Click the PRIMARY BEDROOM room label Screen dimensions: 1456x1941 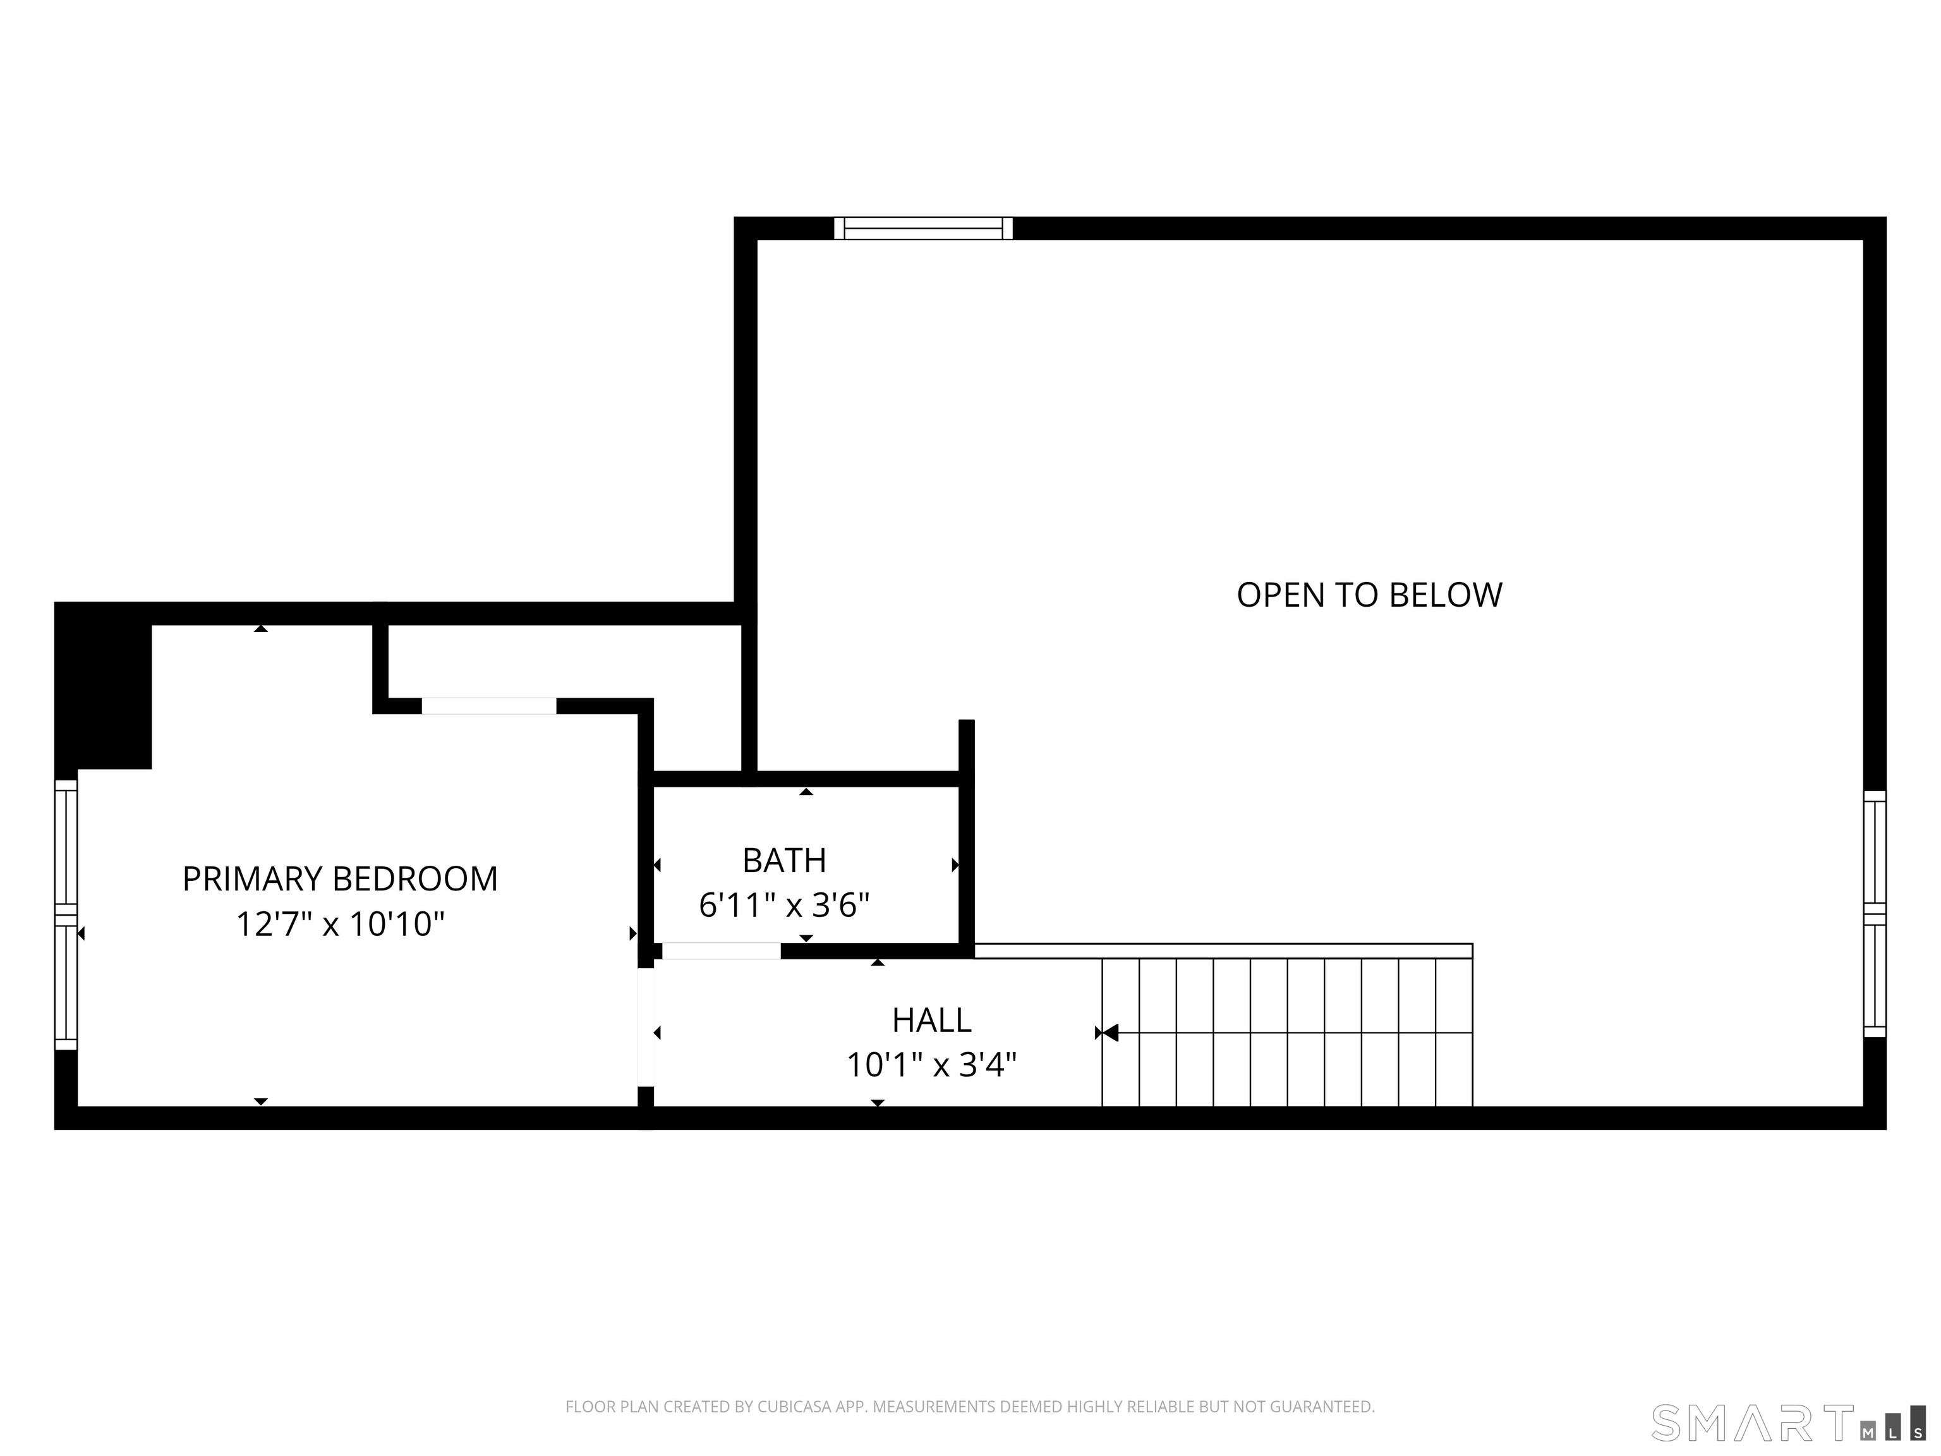coord(339,878)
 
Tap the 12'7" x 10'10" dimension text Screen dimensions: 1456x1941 coord(339,924)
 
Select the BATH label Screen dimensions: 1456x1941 coord(783,860)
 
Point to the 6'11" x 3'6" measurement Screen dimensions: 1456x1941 coord(783,905)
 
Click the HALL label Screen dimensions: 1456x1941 coord(931,1020)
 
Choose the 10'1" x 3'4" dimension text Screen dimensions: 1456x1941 coord(931,1065)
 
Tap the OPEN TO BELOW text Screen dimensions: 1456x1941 coord(1369,595)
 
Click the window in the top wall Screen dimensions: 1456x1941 coord(922,228)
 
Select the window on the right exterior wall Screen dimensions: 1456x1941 coord(1874,914)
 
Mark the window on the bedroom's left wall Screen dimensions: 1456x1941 coord(66,914)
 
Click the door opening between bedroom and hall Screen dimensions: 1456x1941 coord(645,1027)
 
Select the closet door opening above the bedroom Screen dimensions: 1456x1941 coord(489,706)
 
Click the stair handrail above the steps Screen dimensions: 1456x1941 coord(1223,950)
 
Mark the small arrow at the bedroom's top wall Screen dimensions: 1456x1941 coord(260,628)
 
